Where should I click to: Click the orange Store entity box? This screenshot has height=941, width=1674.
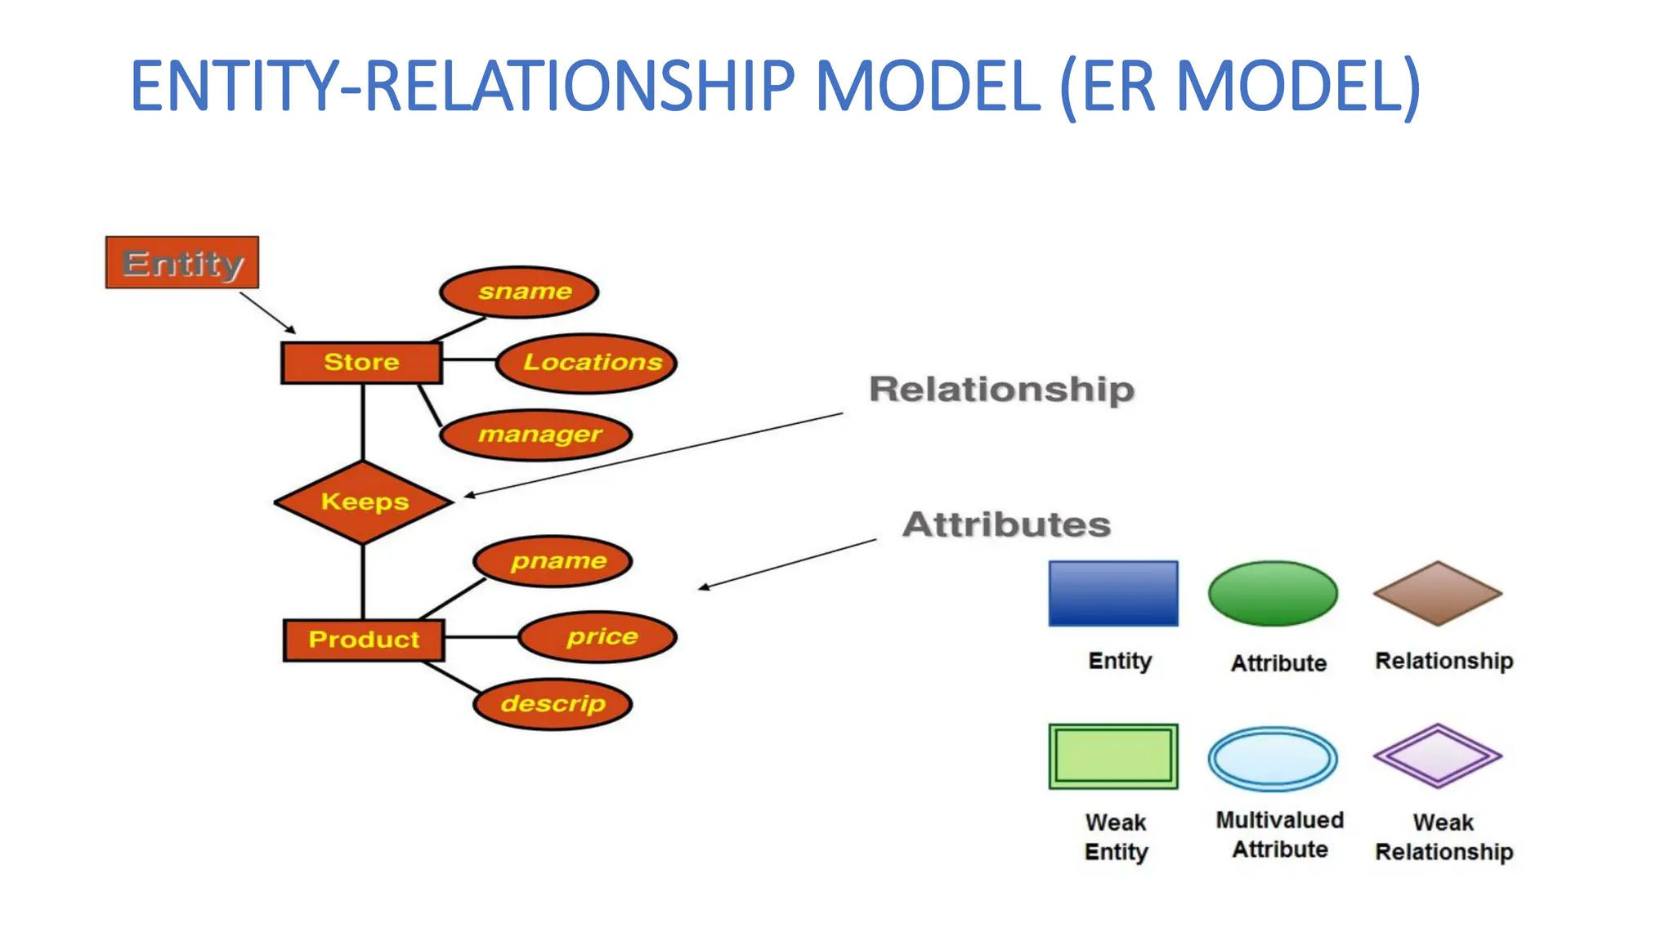pos(361,363)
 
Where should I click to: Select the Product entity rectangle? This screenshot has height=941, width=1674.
pos(364,640)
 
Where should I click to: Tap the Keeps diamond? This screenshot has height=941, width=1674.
pos(364,502)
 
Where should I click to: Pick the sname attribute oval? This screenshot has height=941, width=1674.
pos(519,292)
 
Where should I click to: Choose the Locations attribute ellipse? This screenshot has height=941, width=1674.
pos(587,363)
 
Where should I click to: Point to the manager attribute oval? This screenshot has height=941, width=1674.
pos(536,435)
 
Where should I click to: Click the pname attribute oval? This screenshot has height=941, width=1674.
pos(553,561)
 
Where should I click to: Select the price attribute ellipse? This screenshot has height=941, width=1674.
pos(598,636)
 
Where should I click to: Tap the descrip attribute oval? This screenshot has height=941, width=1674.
pos(553,703)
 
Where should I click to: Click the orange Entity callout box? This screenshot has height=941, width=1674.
pos(182,263)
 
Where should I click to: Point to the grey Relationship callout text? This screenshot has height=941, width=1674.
pos(1001,389)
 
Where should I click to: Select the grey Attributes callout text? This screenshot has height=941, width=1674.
pos(1006,524)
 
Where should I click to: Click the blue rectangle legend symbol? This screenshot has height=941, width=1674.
pos(1113,594)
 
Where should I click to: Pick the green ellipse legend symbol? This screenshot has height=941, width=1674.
pos(1273,594)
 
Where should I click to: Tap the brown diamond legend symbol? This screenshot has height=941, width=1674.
pos(1438,594)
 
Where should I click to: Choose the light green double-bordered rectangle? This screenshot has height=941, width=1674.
pos(1113,756)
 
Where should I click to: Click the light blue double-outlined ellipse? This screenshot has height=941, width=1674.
pos(1273,759)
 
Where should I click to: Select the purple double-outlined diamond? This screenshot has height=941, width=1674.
pos(1438,756)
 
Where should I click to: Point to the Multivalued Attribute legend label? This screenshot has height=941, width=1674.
pos(1280,834)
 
